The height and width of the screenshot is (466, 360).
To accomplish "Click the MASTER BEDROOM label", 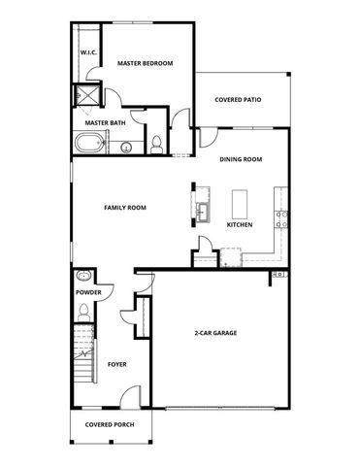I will (x=145, y=63).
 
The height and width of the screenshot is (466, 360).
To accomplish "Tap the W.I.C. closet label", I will (x=86, y=51).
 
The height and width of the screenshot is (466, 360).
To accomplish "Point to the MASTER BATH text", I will (x=104, y=123).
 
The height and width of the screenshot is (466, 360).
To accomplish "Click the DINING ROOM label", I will (x=241, y=159).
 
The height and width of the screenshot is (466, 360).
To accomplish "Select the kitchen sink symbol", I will (x=204, y=211).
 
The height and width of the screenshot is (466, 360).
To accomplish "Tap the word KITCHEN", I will (x=240, y=224).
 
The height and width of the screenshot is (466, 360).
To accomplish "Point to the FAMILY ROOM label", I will (x=125, y=208).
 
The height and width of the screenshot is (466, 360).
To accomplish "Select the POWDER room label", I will (x=89, y=291).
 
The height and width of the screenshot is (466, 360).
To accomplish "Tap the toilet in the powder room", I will (x=84, y=311).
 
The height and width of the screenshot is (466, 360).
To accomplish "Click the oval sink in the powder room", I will (x=83, y=275).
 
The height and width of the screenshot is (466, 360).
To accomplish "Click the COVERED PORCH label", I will (x=109, y=425).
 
